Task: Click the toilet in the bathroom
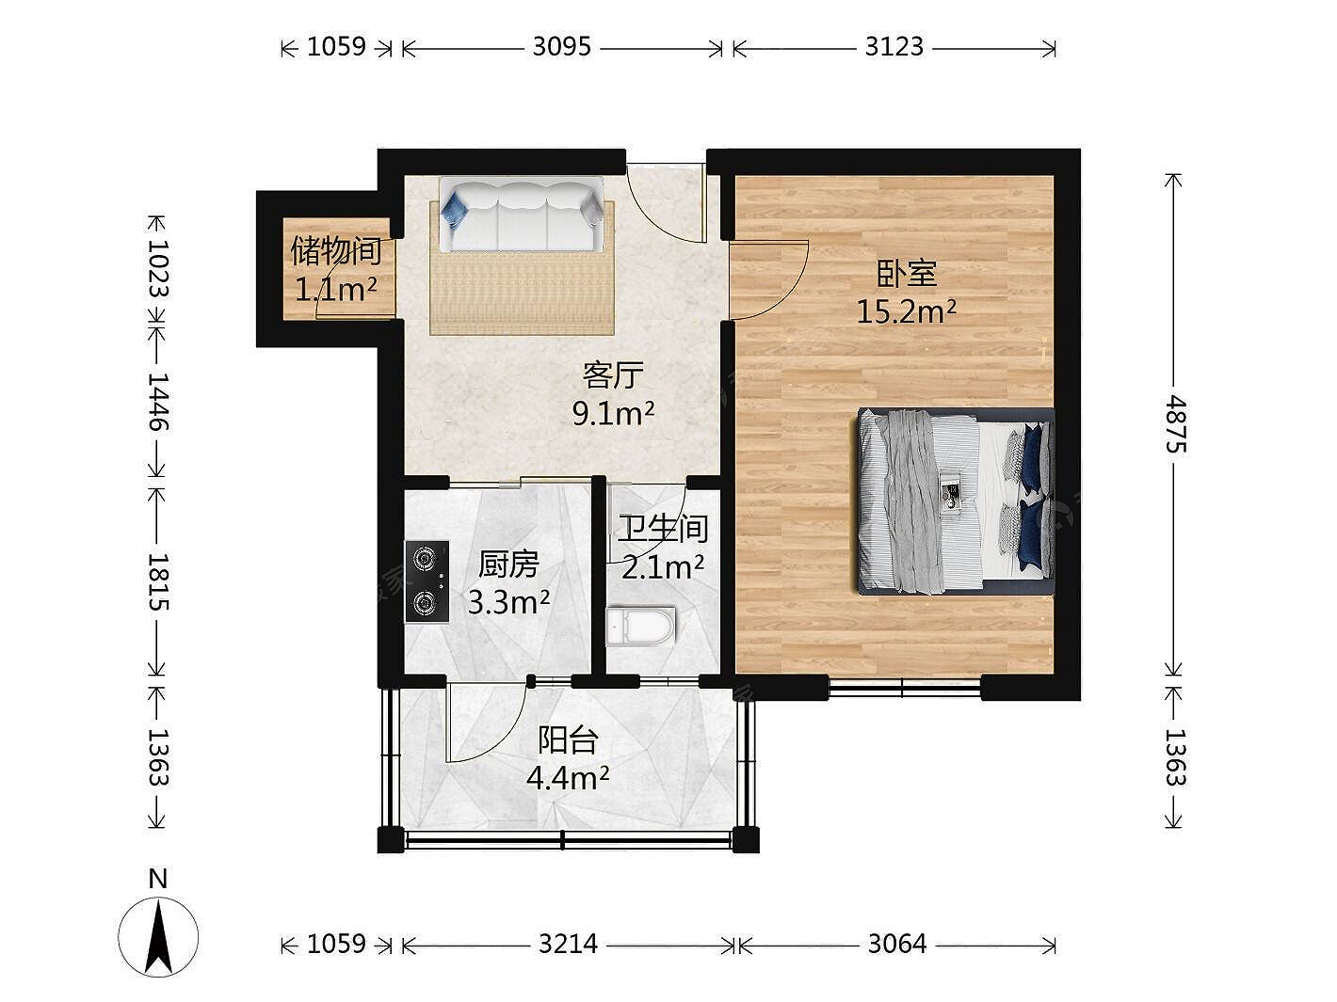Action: click(x=641, y=626)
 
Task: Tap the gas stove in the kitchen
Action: click(x=427, y=581)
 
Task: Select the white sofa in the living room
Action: click(x=522, y=214)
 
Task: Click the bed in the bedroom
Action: click(x=955, y=501)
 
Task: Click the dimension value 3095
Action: click(x=561, y=47)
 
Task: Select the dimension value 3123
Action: click(x=894, y=47)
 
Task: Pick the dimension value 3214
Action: click(x=569, y=944)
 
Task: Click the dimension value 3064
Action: click(x=897, y=944)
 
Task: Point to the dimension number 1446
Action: click(x=158, y=402)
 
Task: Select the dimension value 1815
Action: click(x=158, y=581)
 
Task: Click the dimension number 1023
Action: click(x=158, y=268)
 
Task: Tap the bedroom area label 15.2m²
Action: click(x=907, y=312)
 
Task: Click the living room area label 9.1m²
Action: click(x=613, y=414)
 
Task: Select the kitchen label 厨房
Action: click(x=508, y=564)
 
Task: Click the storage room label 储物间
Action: click(x=336, y=250)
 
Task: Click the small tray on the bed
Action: click(x=950, y=491)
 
